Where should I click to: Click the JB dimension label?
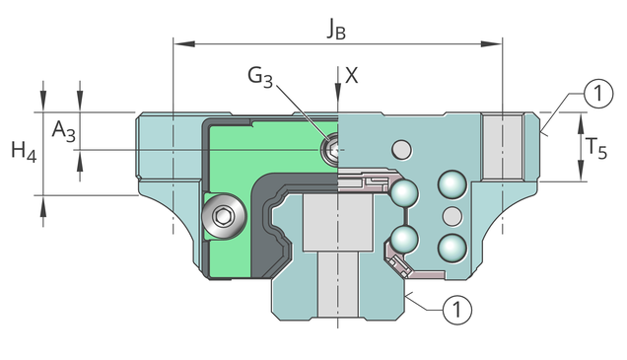[x=336, y=29]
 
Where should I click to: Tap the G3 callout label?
[x=260, y=76]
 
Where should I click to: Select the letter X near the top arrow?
[x=352, y=75]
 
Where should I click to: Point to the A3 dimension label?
[x=63, y=131]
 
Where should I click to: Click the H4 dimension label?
[x=24, y=152]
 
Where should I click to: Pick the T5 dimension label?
[x=596, y=147]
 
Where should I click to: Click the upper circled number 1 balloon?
[x=598, y=94]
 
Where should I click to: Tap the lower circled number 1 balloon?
[x=457, y=309]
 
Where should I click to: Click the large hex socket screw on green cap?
[x=224, y=216]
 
